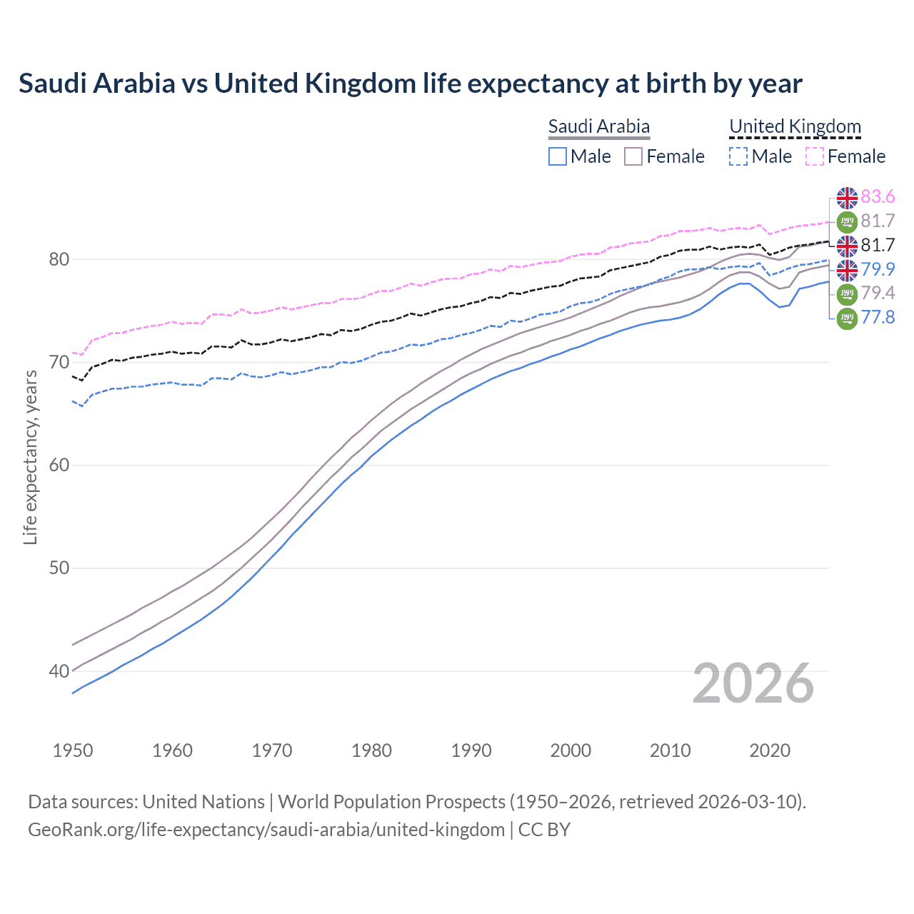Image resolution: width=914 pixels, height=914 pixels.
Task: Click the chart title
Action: [x=411, y=84]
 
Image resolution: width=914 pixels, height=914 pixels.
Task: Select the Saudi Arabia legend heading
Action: [x=598, y=126]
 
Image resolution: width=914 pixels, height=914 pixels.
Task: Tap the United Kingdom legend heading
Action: [x=795, y=126]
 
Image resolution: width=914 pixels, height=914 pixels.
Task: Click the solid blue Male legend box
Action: [x=558, y=156]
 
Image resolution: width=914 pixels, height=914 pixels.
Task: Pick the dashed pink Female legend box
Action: [x=815, y=156]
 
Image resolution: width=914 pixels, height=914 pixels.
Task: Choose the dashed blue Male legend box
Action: [x=738, y=156]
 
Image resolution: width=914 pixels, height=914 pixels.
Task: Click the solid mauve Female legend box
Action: [x=633, y=156]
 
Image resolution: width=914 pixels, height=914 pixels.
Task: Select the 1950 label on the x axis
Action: [x=73, y=750]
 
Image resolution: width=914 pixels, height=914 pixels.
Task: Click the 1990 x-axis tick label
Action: [x=471, y=750]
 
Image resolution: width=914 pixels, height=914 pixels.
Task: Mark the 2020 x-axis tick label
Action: [x=770, y=750]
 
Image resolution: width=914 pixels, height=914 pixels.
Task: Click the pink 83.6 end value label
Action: [x=878, y=196]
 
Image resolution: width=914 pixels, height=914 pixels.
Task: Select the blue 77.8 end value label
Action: [x=878, y=317]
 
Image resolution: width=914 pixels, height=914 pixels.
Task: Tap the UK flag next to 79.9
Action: [x=847, y=269]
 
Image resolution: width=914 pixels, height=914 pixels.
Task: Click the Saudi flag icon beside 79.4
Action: [x=847, y=293]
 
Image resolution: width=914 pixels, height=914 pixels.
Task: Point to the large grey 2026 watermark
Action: [x=753, y=684]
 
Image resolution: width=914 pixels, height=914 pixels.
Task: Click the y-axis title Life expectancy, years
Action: [x=30, y=457]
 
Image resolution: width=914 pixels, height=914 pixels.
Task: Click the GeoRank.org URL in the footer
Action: [x=266, y=830]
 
